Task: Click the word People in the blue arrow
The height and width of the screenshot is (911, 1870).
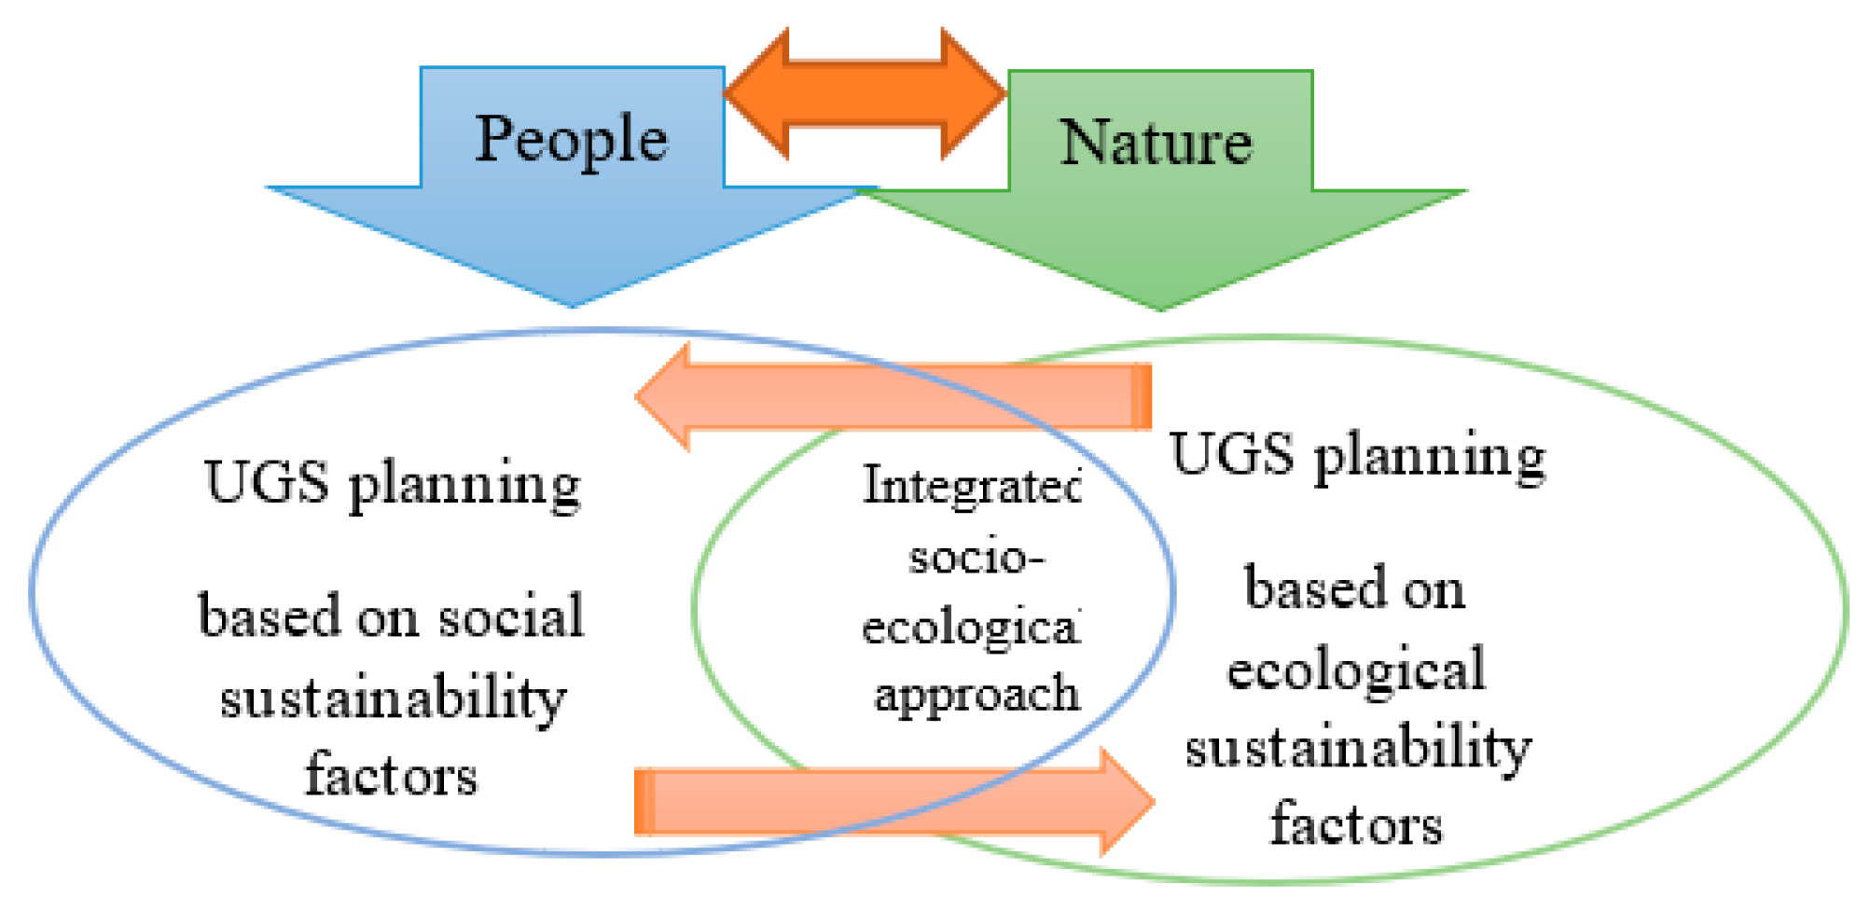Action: click(x=571, y=139)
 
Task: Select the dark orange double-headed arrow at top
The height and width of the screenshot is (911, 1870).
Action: click(x=864, y=93)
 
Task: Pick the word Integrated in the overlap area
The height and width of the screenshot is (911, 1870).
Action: click(x=971, y=486)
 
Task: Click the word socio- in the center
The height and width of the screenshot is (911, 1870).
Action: click(x=976, y=558)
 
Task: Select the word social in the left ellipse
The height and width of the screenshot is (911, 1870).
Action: click(x=511, y=616)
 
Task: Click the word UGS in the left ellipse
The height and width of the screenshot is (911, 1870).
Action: click(x=267, y=482)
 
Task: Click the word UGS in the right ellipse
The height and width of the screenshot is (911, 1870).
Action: click(x=1232, y=454)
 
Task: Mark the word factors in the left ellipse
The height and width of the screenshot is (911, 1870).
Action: click(x=392, y=775)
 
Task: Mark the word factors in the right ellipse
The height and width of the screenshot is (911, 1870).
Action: click(x=1356, y=824)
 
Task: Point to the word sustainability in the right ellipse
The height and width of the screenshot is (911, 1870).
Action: click(x=1358, y=749)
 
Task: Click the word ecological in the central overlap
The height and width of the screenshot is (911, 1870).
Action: click(x=970, y=627)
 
